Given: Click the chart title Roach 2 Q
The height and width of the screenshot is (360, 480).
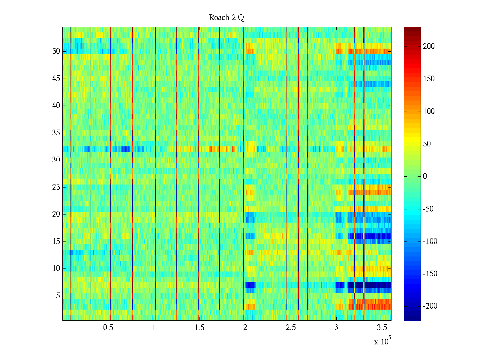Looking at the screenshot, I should [226, 18].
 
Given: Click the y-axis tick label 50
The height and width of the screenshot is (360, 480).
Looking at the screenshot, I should [56, 51].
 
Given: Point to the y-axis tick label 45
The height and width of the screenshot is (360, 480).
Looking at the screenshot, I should [56, 79].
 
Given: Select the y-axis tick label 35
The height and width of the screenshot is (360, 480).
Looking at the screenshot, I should [56, 133].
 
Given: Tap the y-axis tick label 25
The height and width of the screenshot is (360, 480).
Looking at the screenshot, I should [56, 187].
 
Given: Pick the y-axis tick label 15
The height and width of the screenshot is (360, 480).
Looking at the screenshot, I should [56, 241].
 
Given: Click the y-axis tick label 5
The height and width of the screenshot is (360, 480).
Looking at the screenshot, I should [58, 296].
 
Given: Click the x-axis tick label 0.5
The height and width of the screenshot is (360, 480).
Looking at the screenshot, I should [108, 328].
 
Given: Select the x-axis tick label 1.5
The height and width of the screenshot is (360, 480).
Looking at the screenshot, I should [199, 328].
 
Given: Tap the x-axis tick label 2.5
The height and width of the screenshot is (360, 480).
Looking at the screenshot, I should [291, 328].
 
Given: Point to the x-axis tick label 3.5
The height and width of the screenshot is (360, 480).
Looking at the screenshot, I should [382, 328].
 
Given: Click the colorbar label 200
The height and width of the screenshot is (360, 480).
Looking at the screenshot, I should [429, 46].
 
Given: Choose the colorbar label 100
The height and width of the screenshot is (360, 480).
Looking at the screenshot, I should [429, 112].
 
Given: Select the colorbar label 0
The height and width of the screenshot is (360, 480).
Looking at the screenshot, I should [425, 176].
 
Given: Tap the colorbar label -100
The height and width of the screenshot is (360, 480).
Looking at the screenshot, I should [430, 241].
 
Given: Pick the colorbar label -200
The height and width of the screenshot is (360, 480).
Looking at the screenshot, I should [430, 306].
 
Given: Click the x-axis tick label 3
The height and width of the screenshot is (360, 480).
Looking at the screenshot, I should [336, 328].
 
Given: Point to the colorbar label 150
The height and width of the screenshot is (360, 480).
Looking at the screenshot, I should [429, 79].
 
